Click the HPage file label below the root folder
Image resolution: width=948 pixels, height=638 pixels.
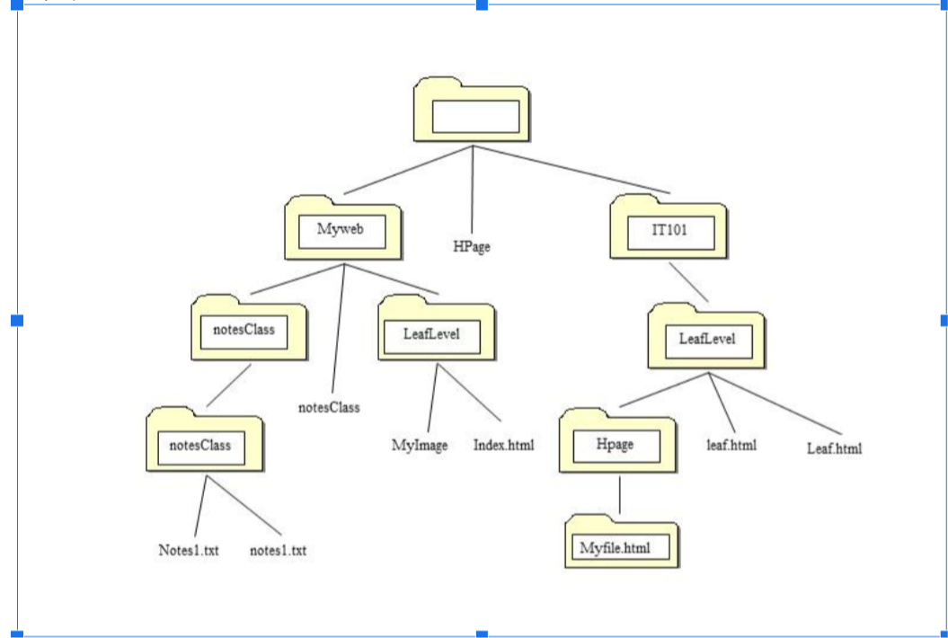click(x=471, y=245)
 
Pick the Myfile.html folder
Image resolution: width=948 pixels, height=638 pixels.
click(x=623, y=544)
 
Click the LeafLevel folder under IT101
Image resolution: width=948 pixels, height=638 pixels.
click(x=707, y=341)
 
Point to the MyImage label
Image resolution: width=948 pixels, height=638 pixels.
click(x=419, y=445)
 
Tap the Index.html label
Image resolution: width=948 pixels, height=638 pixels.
click(x=503, y=445)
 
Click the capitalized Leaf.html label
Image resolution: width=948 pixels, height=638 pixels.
click(x=834, y=447)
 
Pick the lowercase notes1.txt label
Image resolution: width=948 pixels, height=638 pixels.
click(x=278, y=549)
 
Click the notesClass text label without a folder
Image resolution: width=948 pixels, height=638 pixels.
click(x=329, y=407)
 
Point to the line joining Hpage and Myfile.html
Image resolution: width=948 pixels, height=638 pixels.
click(x=620, y=494)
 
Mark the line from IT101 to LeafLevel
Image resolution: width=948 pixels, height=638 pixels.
click(x=692, y=282)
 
